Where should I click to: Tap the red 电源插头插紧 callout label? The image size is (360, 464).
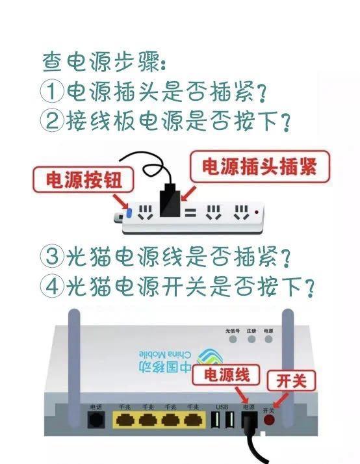[x=259, y=167]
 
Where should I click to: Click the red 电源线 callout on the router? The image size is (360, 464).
[x=231, y=376]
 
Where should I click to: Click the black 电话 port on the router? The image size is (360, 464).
[x=96, y=420]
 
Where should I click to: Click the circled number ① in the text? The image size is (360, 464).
[x=52, y=92]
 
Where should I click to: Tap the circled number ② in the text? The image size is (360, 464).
[x=52, y=122]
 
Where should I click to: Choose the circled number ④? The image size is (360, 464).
[x=52, y=287]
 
